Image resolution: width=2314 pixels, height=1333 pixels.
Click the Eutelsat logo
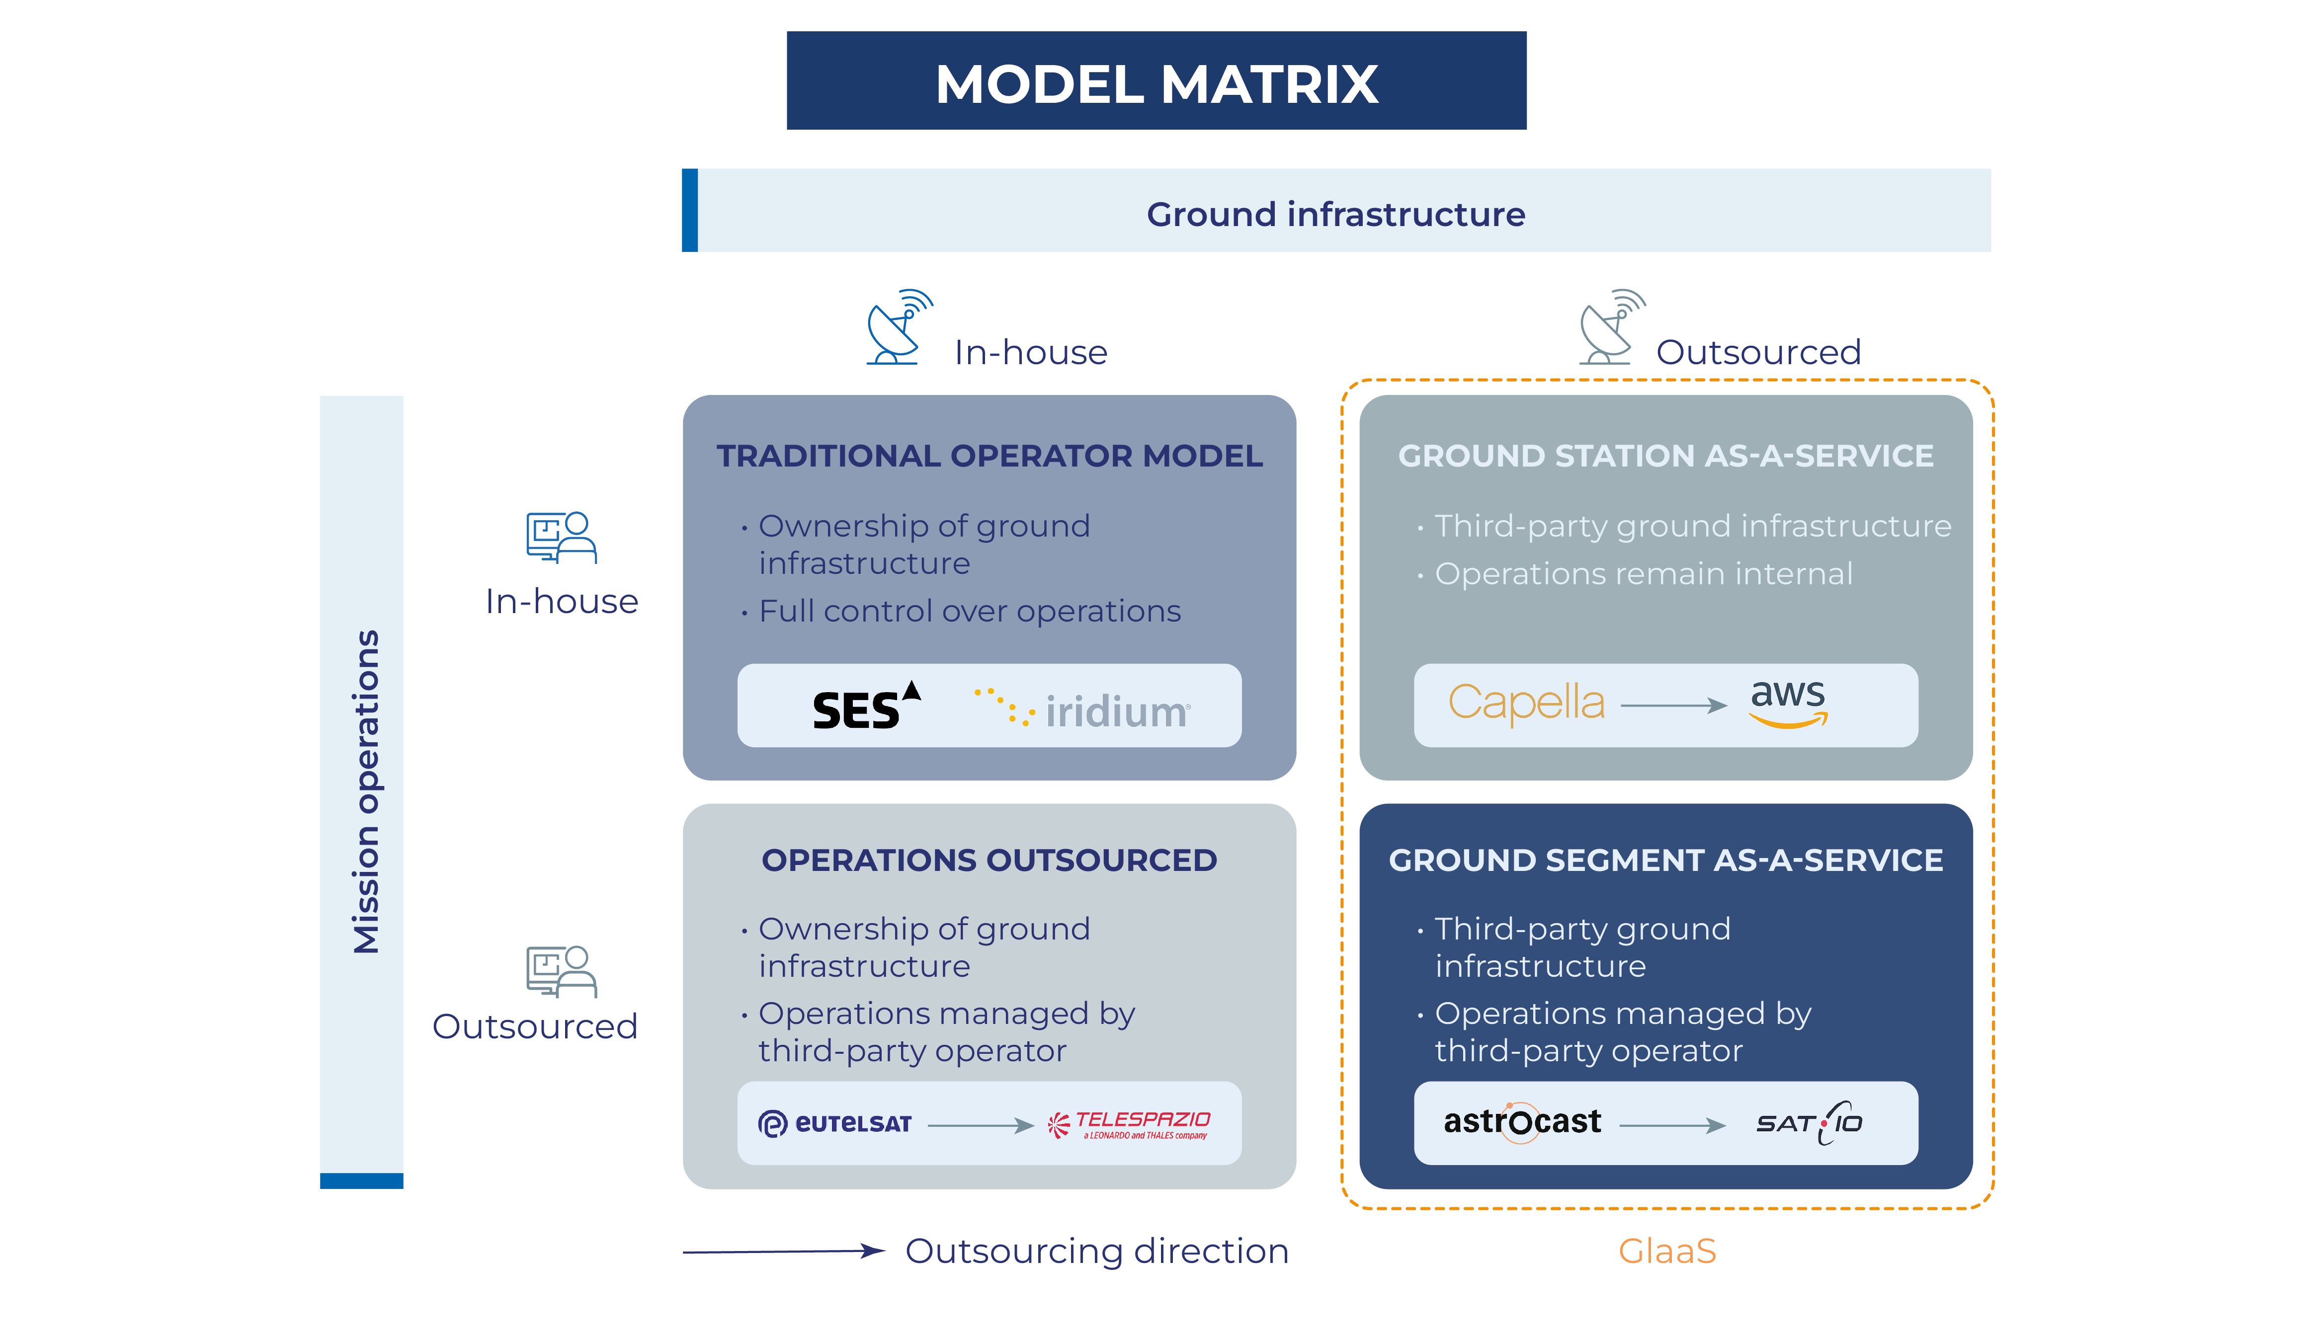pos(835,1123)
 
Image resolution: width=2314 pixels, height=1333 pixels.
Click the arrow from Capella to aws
pos(1673,705)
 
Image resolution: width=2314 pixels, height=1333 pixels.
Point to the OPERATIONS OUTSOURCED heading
pos(989,861)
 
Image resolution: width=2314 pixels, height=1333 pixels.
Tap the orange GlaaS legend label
pos(1666,1251)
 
